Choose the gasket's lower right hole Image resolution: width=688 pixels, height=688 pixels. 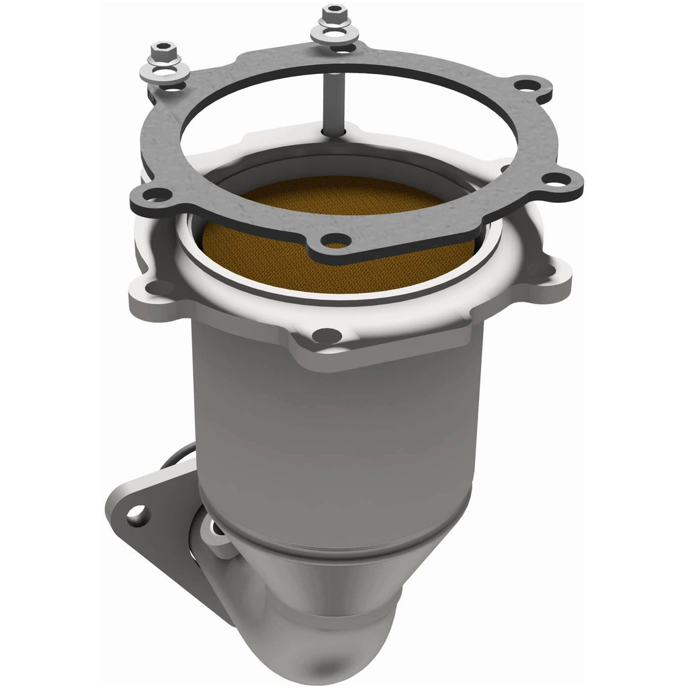coord(555,179)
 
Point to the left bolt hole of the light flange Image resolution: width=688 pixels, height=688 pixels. coord(159,288)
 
